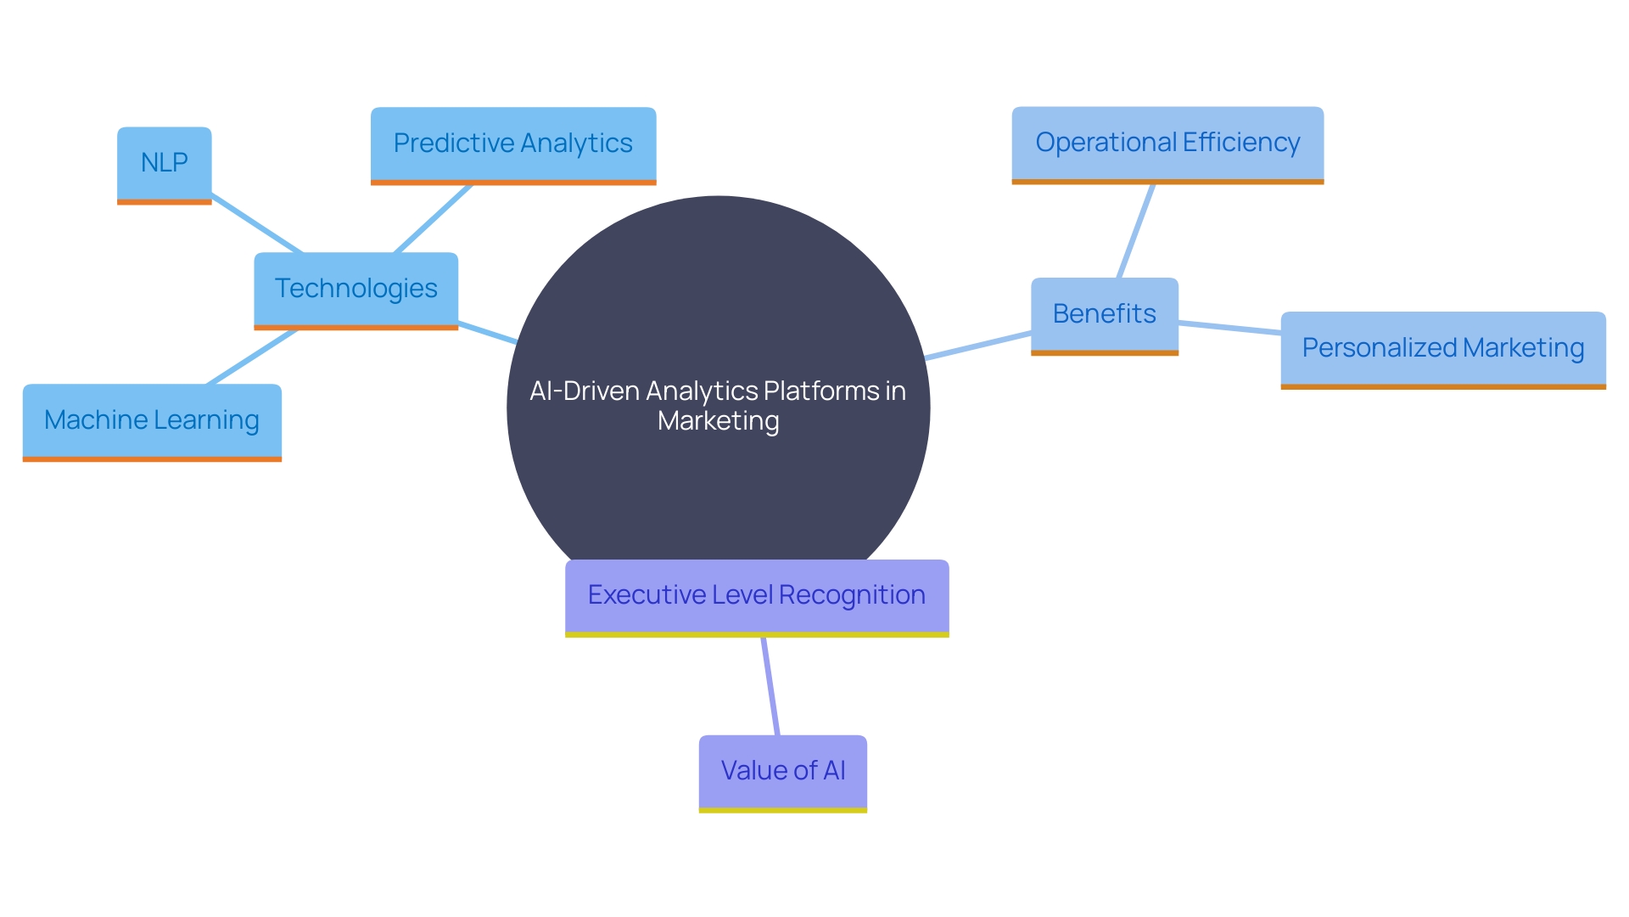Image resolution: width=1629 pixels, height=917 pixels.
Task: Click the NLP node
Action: pyautogui.click(x=164, y=163)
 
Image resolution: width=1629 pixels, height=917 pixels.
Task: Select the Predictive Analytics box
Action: pyautogui.click(x=512, y=143)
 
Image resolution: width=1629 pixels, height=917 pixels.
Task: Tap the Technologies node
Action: pyautogui.click(x=355, y=289)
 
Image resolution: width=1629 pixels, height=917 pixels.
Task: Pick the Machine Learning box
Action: pyautogui.click(x=151, y=420)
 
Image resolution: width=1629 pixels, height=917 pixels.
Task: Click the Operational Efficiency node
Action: pyautogui.click(x=1167, y=143)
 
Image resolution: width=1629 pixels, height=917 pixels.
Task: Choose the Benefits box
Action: pyautogui.click(x=1104, y=314)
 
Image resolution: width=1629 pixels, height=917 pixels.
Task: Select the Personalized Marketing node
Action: pyautogui.click(x=1442, y=348)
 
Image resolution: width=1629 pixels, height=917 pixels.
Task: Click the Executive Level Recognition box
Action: pyautogui.click(x=756, y=595)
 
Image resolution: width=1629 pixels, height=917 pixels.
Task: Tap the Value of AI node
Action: pyautogui.click(x=782, y=771)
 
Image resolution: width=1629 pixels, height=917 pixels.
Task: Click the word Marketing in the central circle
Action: pyautogui.click(x=718, y=421)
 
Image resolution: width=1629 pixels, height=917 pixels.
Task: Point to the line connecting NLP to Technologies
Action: pyautogui.click(x=256, y=223)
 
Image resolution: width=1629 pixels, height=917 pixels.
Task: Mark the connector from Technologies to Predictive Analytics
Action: pyautogui.click(x=433, y=218)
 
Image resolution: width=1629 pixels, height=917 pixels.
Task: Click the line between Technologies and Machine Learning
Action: pyautogui.click(x=252, y=357)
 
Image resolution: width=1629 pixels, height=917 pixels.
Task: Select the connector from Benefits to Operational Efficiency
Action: pyautogui.click(x=1137, y=230)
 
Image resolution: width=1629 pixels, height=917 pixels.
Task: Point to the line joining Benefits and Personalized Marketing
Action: pyautogui.click(x=1229, y=328)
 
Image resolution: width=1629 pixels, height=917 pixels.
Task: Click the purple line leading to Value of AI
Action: pyautogui.click(x=770, y=686)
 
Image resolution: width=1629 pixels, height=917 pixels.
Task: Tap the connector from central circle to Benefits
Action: pyautogui.click(x=978, y=346)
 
